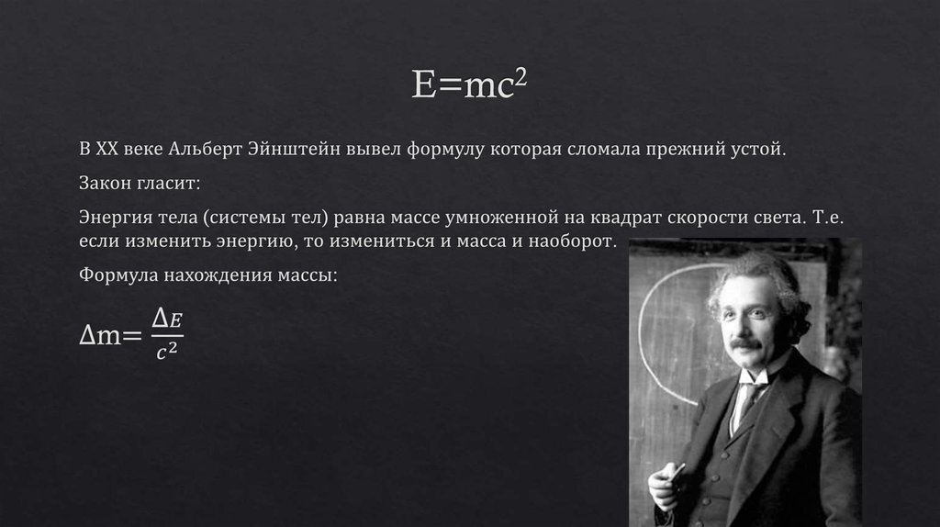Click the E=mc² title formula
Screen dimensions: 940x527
click(469, 84)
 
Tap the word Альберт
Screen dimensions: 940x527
click(205, 149)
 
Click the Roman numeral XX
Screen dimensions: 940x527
click(107, 149)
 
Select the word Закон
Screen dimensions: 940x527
click(105, 183)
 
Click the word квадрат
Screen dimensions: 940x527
click(626, 218)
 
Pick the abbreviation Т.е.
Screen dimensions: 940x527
click(828, 217)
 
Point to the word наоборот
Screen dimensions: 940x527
click(572, 241)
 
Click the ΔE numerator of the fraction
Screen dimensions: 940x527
click(167, 318)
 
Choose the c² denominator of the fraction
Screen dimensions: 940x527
click(167, 350)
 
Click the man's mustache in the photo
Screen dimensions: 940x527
click(745, 343)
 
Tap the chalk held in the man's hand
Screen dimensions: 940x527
click(676, 472)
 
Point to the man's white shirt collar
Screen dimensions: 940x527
click(755, 376)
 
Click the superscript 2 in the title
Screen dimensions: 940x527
click(521, 77)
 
